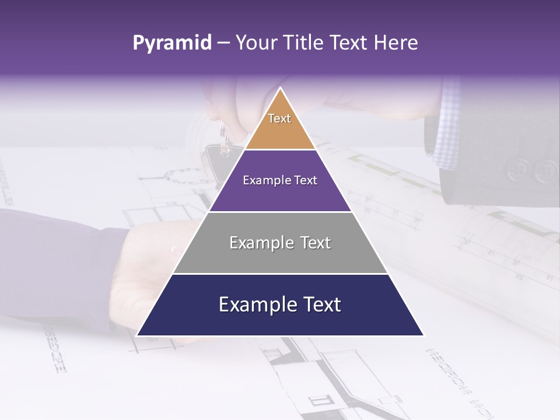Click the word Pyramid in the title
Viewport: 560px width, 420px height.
(171, 43)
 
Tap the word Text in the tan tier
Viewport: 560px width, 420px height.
(279, 118)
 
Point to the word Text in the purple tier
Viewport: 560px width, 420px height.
(306, 181)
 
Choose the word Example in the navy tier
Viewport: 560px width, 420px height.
(256, 305)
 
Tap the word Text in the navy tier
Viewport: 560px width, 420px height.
(320, 305)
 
